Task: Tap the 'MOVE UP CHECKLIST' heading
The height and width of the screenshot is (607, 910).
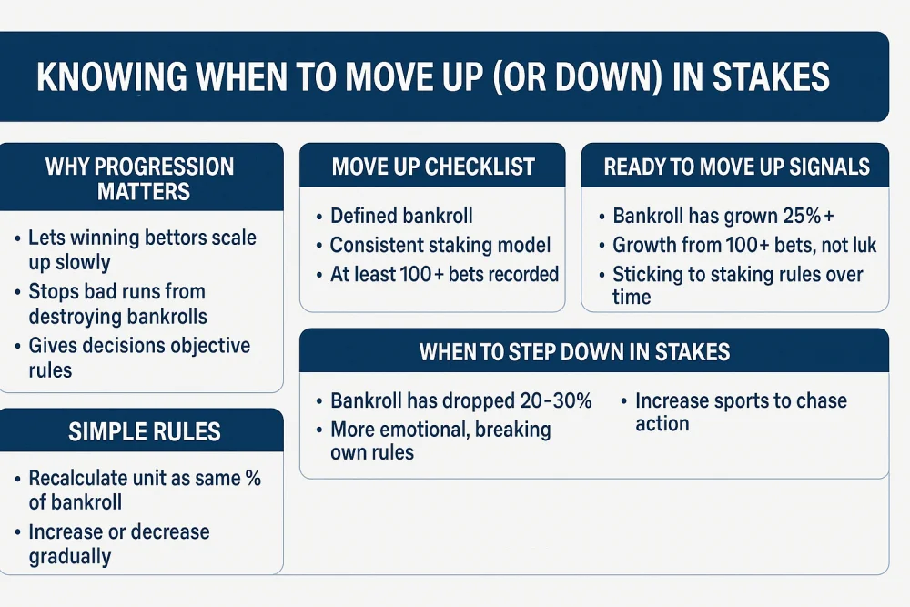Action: pyautogui.click(x=432, y=167)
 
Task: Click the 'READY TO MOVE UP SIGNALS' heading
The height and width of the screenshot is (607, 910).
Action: pyautogui.click(x=736, y=167)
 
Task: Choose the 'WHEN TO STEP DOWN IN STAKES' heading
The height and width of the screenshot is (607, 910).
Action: pyautogui.click(x=574, y=352)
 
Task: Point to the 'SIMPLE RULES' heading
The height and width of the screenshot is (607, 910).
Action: pyautogui.click(x=145, y=431)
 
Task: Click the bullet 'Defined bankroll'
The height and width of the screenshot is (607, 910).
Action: pyautogui.click(x=401, y=216)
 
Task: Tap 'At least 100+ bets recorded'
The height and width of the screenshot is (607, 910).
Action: pyautogui.click(x=444, y=274)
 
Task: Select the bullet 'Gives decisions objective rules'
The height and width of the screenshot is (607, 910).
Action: pyautogui.click(x=138, y=358)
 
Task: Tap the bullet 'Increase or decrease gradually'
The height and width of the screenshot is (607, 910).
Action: pyautogui.click(x=118, y=543)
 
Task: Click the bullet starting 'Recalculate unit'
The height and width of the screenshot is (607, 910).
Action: pyautogui.click(x=144, y=490)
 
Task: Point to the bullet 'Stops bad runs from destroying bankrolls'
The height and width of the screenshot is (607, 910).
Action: pyautogui.click(x=117, y=303)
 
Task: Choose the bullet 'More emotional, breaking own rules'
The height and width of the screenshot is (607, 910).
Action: pyautogui.click(x=440, y=440)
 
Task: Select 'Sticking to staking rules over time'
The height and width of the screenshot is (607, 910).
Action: pyautogui.click(x=737, y=285)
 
